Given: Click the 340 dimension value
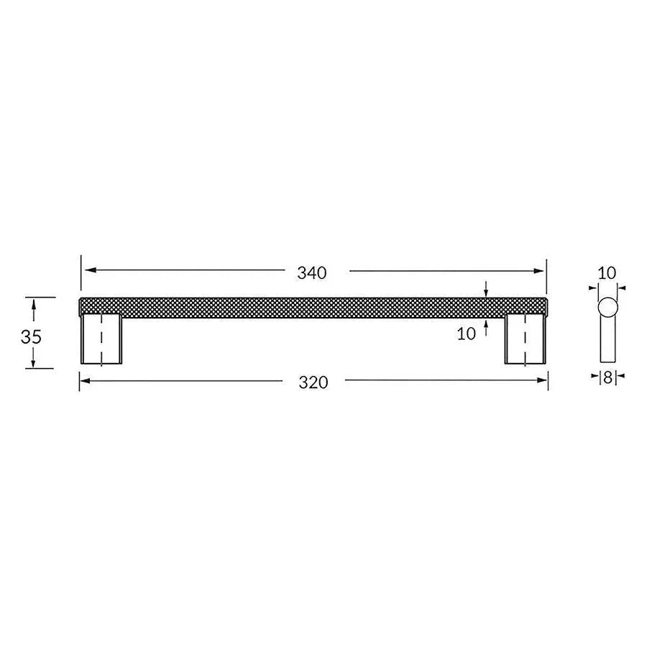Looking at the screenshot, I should click(312, 272).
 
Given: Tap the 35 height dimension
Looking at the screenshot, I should click(31, 336).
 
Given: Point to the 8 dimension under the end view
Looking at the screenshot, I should click(607, 376).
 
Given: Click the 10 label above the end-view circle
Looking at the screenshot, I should click(607, 272).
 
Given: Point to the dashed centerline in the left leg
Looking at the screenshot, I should click(101, 342).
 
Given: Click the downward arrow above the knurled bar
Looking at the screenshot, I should click(487, 291).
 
